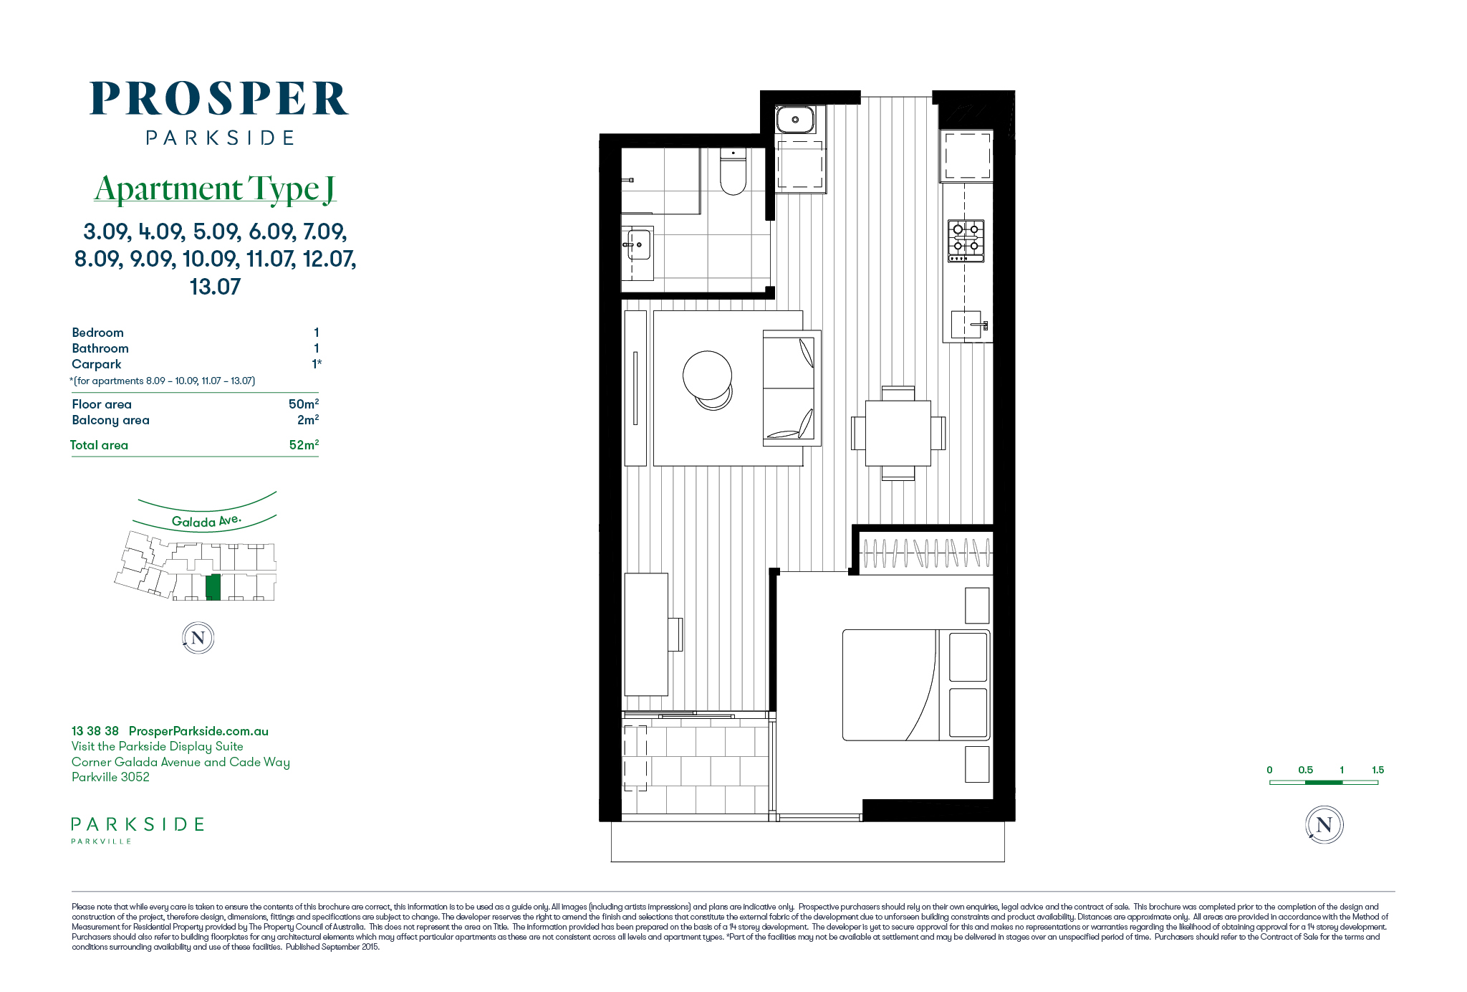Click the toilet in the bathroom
(733, 171)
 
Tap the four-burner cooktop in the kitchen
(966, 241)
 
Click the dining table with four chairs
(898, 433)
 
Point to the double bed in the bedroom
(916, 685)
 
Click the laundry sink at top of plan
(795, 120)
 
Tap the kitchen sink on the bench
(966, 325)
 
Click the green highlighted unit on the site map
(213, 587)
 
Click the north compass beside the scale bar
(1324, 825)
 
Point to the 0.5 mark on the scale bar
(1305, 770)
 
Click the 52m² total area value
(304, 445)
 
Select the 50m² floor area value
(304, 404)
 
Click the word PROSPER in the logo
(219, 99)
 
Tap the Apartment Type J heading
(215, 189)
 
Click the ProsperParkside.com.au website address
(198, 731)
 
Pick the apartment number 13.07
(215, 287)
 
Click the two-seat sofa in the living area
(792, 388)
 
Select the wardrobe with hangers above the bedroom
(926, 553)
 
